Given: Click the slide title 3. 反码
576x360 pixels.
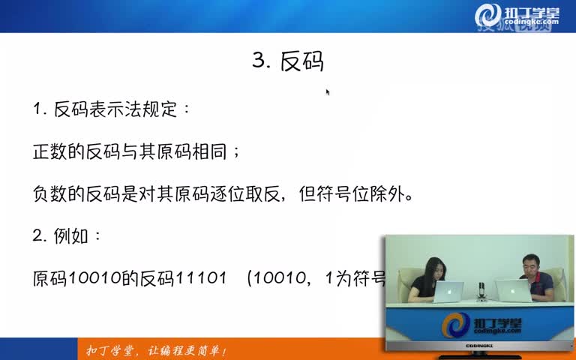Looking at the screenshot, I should point(288,61).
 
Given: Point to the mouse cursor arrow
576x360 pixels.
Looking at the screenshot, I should point(328,91).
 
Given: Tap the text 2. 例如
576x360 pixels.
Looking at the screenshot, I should point(66,236).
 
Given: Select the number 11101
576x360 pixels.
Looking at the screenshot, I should point(200,279).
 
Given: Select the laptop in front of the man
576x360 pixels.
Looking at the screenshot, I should point(514,289).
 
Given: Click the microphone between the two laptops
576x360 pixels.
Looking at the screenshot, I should point(481,288).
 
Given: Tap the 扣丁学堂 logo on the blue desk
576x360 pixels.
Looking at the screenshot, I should point(481,324).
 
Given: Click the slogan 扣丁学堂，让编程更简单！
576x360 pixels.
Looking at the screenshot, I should point(156,351).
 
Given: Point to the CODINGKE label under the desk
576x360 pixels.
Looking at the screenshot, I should point(481,346).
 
